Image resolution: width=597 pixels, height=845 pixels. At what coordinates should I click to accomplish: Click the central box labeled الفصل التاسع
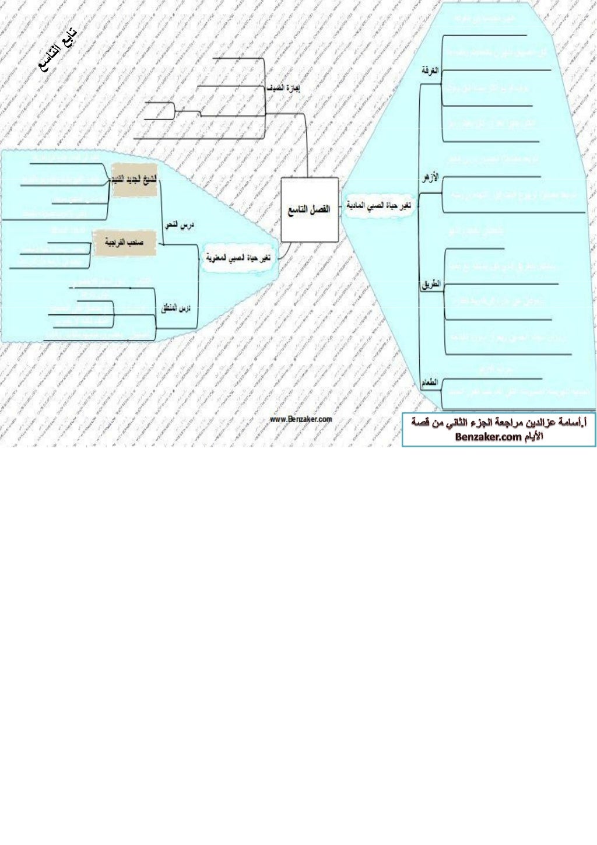(x=309, y=209)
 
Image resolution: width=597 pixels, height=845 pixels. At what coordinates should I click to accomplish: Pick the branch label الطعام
(x=430, y=383)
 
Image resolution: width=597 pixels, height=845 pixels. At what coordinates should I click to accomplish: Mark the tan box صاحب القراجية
(x=124, y=241)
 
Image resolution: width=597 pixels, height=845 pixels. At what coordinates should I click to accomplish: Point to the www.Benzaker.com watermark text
(x=301, y=419)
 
